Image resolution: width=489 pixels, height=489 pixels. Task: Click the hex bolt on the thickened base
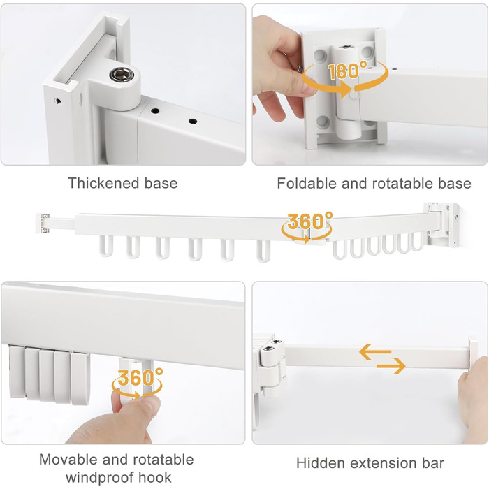click(122, 75)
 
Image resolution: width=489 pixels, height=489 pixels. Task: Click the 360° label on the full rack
click(309, 220)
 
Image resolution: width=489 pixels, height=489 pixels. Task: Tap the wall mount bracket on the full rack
click(442, 224)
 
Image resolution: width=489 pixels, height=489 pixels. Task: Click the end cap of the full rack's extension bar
click(43, 223)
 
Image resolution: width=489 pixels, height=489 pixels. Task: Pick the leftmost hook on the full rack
click(106, 246)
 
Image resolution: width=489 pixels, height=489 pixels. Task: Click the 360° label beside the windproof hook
click(140, 377)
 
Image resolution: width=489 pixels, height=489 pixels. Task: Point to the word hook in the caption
click(154, 477)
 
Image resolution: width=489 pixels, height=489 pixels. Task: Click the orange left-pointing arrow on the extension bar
click(375, 351)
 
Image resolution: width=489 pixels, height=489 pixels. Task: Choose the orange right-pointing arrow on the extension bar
click(391, 365)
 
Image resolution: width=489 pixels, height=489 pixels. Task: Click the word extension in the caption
click(384, 463)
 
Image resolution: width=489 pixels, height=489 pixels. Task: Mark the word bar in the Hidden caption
click(433, 463)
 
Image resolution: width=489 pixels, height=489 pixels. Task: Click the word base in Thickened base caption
click(161, 183)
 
